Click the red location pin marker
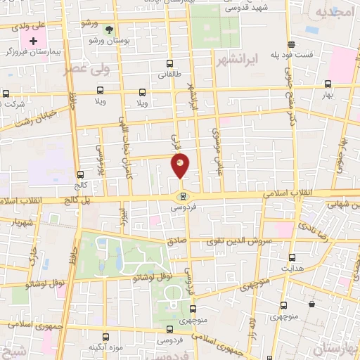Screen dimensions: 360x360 181,166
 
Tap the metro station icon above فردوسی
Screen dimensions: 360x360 183,196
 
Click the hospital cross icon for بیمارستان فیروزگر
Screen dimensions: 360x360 33,41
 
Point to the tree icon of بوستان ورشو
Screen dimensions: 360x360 108,30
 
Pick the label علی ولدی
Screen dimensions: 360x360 29,25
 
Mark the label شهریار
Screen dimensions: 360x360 20,220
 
